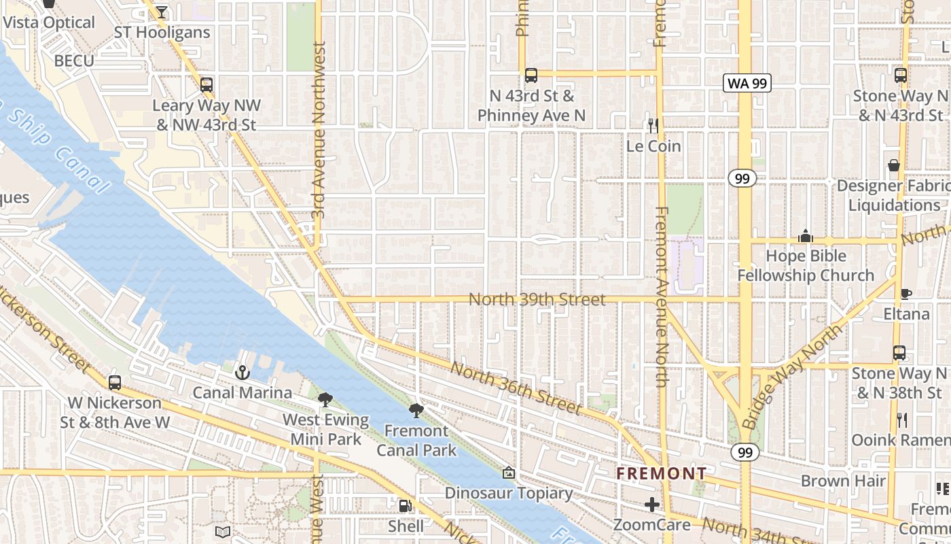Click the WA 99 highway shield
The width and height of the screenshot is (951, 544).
(x=747, y=84)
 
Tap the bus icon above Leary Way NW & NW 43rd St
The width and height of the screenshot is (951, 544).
(x=207, y=85)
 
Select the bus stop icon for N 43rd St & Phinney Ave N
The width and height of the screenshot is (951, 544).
(x=531, y=75)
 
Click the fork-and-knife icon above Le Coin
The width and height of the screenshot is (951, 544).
(x=653, y=126)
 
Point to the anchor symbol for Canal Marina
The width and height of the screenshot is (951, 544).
(x=242, y=373)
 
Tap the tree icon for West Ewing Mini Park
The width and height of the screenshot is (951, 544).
(x=326, y=400)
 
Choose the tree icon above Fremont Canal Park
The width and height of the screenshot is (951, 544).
(x=416, y=410)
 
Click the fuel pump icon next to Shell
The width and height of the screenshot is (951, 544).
(x=406, y=505)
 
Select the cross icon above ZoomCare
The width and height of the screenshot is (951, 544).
(x=652, y=505)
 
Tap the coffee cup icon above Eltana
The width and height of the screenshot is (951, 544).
(x=905, y=294)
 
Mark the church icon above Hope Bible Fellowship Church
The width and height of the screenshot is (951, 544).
(x=806, y=236)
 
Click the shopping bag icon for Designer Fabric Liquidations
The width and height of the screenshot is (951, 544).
(x=894, y=165)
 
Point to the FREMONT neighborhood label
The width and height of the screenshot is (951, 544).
(x=662, y=473)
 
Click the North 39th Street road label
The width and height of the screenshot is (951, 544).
(x=537, y=300)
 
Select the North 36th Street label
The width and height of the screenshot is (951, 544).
(x=516, y=388)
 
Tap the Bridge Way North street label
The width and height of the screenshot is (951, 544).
(x=793, y=376)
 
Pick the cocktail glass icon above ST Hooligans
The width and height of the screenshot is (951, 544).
(x=161, y=12)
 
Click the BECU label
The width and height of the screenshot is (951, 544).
(x=74, y=61)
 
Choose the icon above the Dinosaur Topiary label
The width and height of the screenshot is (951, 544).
(x=508, y=473)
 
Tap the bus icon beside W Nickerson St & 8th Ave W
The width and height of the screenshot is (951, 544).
(x=115, y=382)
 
